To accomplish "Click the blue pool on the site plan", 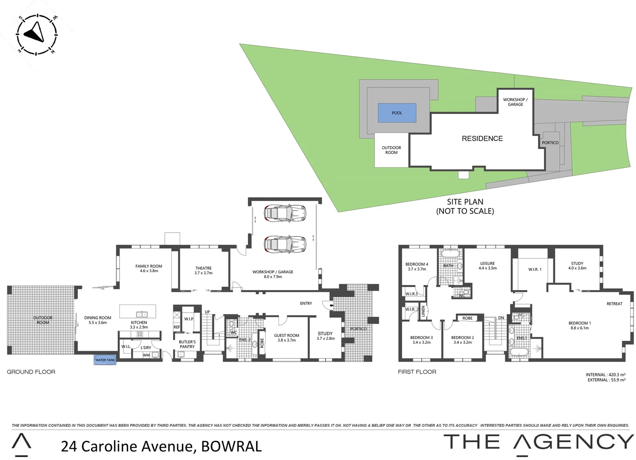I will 397,113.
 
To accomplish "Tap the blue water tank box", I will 105,360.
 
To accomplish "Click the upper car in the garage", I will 285,213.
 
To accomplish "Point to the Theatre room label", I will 203,270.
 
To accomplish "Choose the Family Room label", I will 149,268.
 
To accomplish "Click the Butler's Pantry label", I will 187,344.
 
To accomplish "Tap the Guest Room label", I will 286,337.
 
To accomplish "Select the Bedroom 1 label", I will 579,325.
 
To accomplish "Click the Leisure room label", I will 487,266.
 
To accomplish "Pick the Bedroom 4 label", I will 417,267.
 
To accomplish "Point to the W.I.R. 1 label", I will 535,269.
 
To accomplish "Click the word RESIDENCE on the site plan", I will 482,138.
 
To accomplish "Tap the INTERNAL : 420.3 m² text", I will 605,375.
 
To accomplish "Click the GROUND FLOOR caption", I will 31,372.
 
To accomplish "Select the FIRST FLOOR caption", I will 417,372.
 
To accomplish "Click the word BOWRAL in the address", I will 231,446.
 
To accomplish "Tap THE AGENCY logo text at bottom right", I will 538,442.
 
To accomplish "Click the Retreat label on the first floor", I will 614,304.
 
